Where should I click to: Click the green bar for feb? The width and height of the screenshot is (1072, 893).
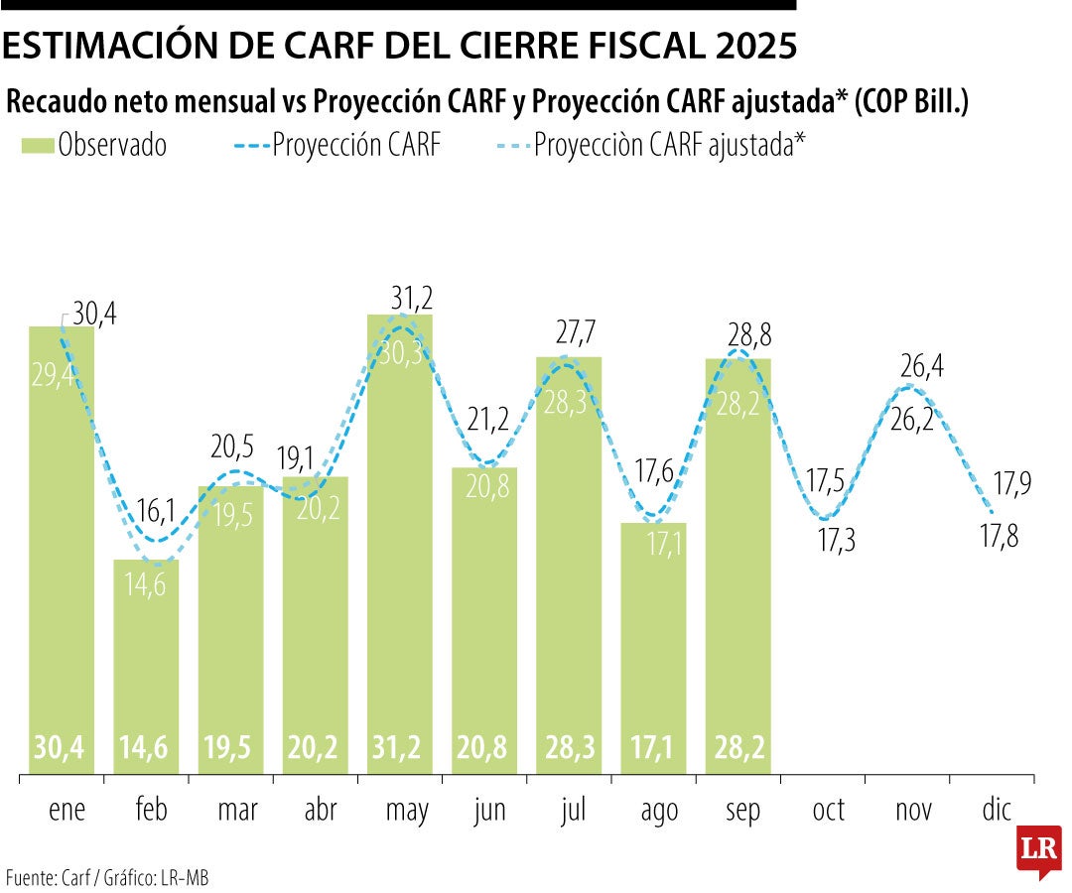tap(146, 665)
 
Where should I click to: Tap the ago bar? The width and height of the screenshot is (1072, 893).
tap(653, 645)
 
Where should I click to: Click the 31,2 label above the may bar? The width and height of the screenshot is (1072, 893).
tap(412, 298)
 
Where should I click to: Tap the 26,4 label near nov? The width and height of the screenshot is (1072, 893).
tap(922, 368)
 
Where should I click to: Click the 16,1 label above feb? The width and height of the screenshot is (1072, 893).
tap(156, 511)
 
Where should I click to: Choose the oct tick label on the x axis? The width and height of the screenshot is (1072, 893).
tap(829, 811)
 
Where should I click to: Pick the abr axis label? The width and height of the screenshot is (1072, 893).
tap(320, 811)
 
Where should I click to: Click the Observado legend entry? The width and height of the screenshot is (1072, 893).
tap(94, 146)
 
